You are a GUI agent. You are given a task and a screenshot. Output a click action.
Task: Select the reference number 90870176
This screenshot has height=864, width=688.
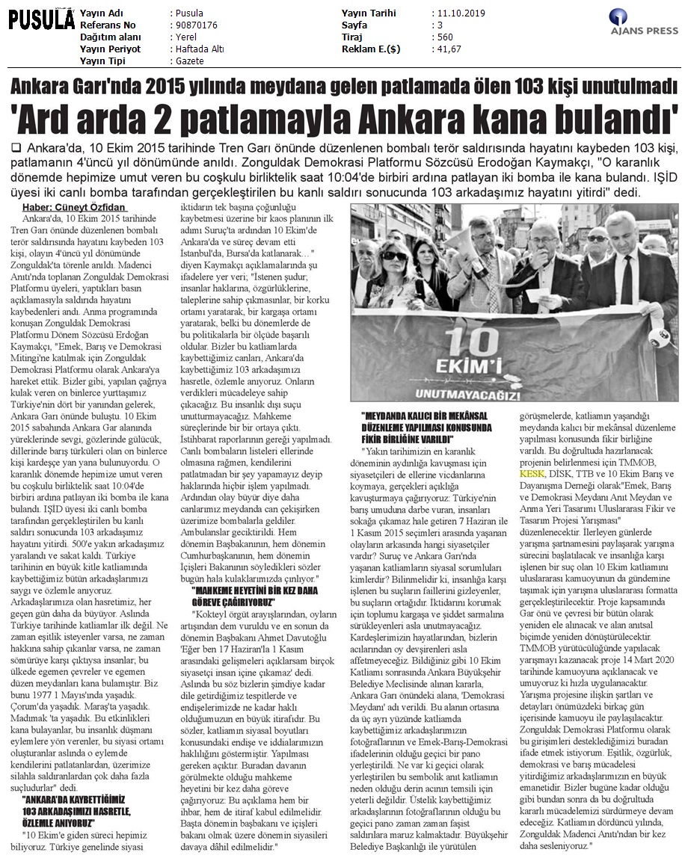(x=194, y=25)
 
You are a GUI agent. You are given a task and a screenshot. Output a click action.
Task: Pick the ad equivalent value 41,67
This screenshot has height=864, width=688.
(x=446, y=49)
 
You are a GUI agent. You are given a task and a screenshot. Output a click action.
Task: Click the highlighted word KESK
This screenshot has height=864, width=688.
(x=532, y=474)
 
